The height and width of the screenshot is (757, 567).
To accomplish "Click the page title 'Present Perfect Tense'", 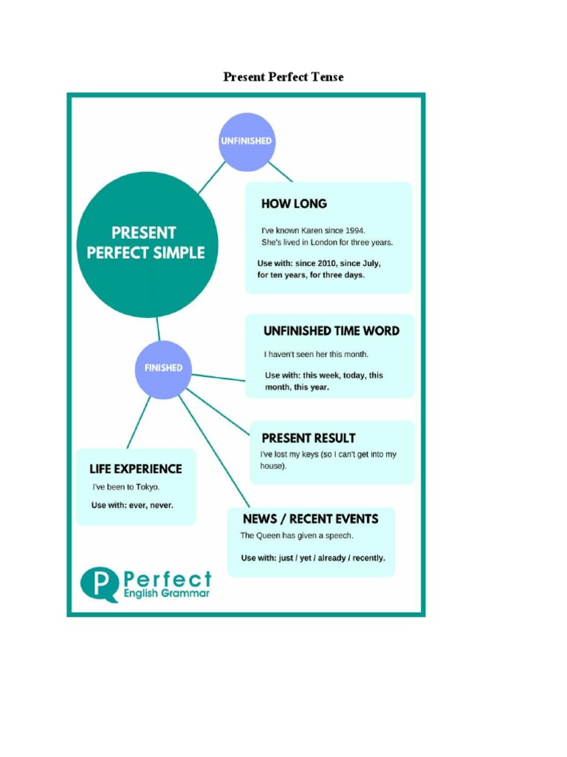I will point(283,76).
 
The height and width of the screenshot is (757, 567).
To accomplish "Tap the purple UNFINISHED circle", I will point(247,141).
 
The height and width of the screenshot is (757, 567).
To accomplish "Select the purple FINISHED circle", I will point(163,368).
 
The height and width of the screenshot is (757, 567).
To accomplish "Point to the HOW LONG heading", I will point(294,203).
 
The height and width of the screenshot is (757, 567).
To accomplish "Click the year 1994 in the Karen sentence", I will point(354,230).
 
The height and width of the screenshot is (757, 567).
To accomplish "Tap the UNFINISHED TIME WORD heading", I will point(331,331).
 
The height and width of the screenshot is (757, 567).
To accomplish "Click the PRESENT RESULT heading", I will point(309,438).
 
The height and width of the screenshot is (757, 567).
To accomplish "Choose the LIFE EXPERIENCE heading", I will point(135,469).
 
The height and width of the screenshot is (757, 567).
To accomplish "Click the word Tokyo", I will point(148,487).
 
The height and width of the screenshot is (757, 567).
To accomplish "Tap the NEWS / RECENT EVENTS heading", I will point(310,519).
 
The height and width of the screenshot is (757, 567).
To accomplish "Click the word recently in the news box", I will point(369,558).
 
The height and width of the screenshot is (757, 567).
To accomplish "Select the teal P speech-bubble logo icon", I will point(98,583).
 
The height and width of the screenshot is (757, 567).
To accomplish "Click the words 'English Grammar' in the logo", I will point(167,593).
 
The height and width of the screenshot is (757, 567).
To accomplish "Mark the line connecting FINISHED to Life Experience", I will point(138,422).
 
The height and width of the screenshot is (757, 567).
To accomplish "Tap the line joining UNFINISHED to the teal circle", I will point(211,177).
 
